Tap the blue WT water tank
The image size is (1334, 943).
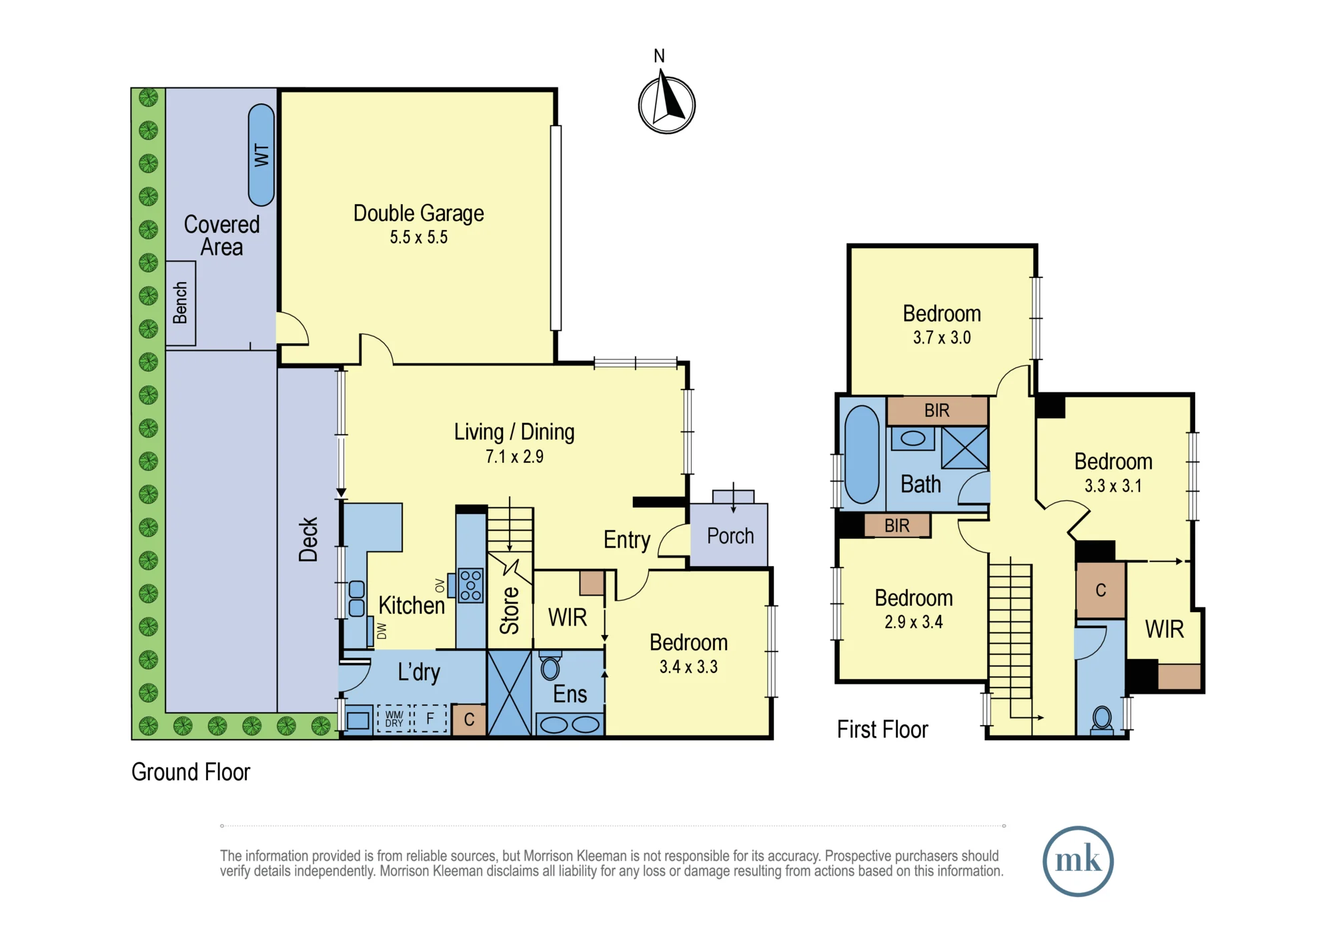click(x=261, y=155)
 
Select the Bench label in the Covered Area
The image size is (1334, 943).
click(x=180, y=303)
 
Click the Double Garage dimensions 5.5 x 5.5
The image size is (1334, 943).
click(x=419, y=237)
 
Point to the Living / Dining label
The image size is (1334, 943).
click(x=514, y=432)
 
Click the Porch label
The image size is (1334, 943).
click(x=730, y=536)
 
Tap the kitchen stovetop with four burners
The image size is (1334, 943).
click(x=471, y=586)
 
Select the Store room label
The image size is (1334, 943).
click(x=510, y=610)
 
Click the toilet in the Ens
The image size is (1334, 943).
click(x=550, y=666)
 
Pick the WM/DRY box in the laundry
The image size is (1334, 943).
click(x=394, y=719)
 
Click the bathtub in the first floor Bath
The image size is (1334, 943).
click(x=862, y=454)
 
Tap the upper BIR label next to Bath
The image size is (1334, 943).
click(x=936, y=411)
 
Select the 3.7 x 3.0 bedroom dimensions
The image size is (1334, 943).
click(x=942, y=338)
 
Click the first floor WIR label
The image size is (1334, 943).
click(x=1165, y=630)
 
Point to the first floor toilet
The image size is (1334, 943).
click(x=1102, y=720)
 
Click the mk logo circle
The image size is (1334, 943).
click(x=1078, y=861)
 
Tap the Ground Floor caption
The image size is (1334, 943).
click(x=191, y=772)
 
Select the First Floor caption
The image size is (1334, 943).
click(x=882, y=730)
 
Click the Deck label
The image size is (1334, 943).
click(x=308, y=540)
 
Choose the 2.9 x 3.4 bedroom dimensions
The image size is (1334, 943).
click(x=914, y=622)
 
